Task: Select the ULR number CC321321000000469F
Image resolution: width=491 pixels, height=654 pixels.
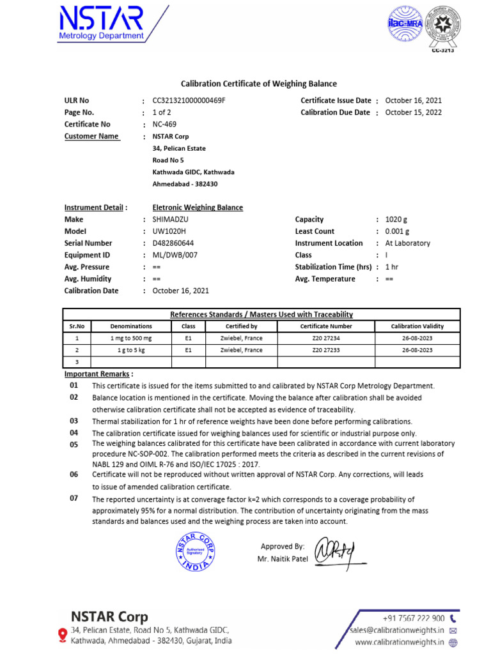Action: pos(189,101)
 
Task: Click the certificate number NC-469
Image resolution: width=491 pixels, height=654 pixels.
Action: pos(164,125)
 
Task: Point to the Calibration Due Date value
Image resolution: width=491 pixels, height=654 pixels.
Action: pos(414,112)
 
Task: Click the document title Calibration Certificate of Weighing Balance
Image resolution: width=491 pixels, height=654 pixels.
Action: pos(258,84)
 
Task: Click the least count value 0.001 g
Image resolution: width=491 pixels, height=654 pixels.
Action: pos(398,231)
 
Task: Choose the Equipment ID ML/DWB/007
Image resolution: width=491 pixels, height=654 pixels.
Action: pos(175,255)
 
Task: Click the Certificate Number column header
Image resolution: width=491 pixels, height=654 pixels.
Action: pos(327,326)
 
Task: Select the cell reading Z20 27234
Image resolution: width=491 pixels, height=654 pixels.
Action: pos(326,338)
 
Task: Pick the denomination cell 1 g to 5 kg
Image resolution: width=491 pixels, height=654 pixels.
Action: pos(131,351)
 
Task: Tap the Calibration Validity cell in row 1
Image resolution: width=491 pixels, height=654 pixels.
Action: pos(417,338)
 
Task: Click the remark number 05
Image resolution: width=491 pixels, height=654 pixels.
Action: pos(74,444)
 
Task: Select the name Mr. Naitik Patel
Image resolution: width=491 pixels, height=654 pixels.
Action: pos(282,559)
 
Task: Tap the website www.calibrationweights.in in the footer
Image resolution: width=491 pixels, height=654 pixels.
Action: pos(399,643)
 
